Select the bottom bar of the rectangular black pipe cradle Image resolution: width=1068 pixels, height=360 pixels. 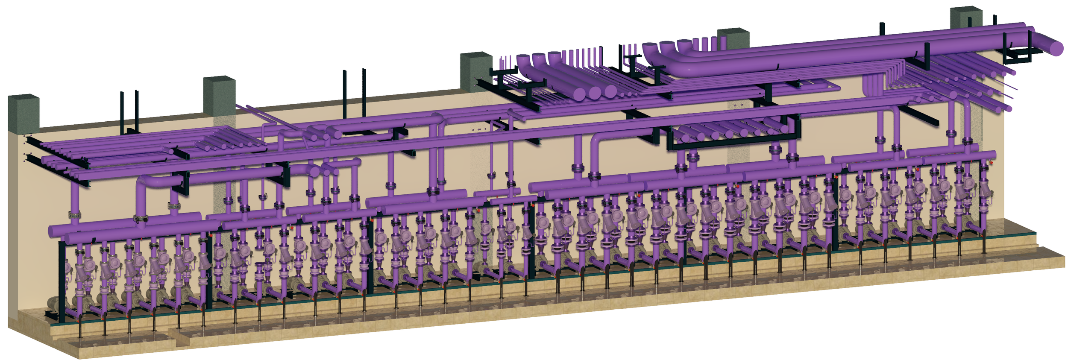pos(733,145)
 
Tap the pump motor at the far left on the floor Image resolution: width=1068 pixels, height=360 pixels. pos(53,304)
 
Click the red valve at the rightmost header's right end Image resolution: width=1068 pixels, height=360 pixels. pos(991,163)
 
